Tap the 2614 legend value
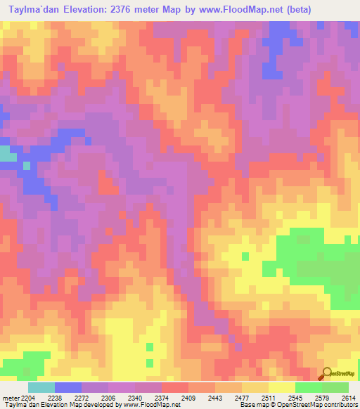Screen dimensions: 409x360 pyautogui.click(x=349, y=397)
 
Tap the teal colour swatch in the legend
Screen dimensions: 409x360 pyautogui.click(x=41, y=387)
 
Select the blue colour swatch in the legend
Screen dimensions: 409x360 pyautogui.click(x=68, y=387)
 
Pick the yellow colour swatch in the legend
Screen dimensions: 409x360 pyautogui.click(x=281, y=387)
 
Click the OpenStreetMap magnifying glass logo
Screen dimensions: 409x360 pyautogui.click(x=326, y=373)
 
